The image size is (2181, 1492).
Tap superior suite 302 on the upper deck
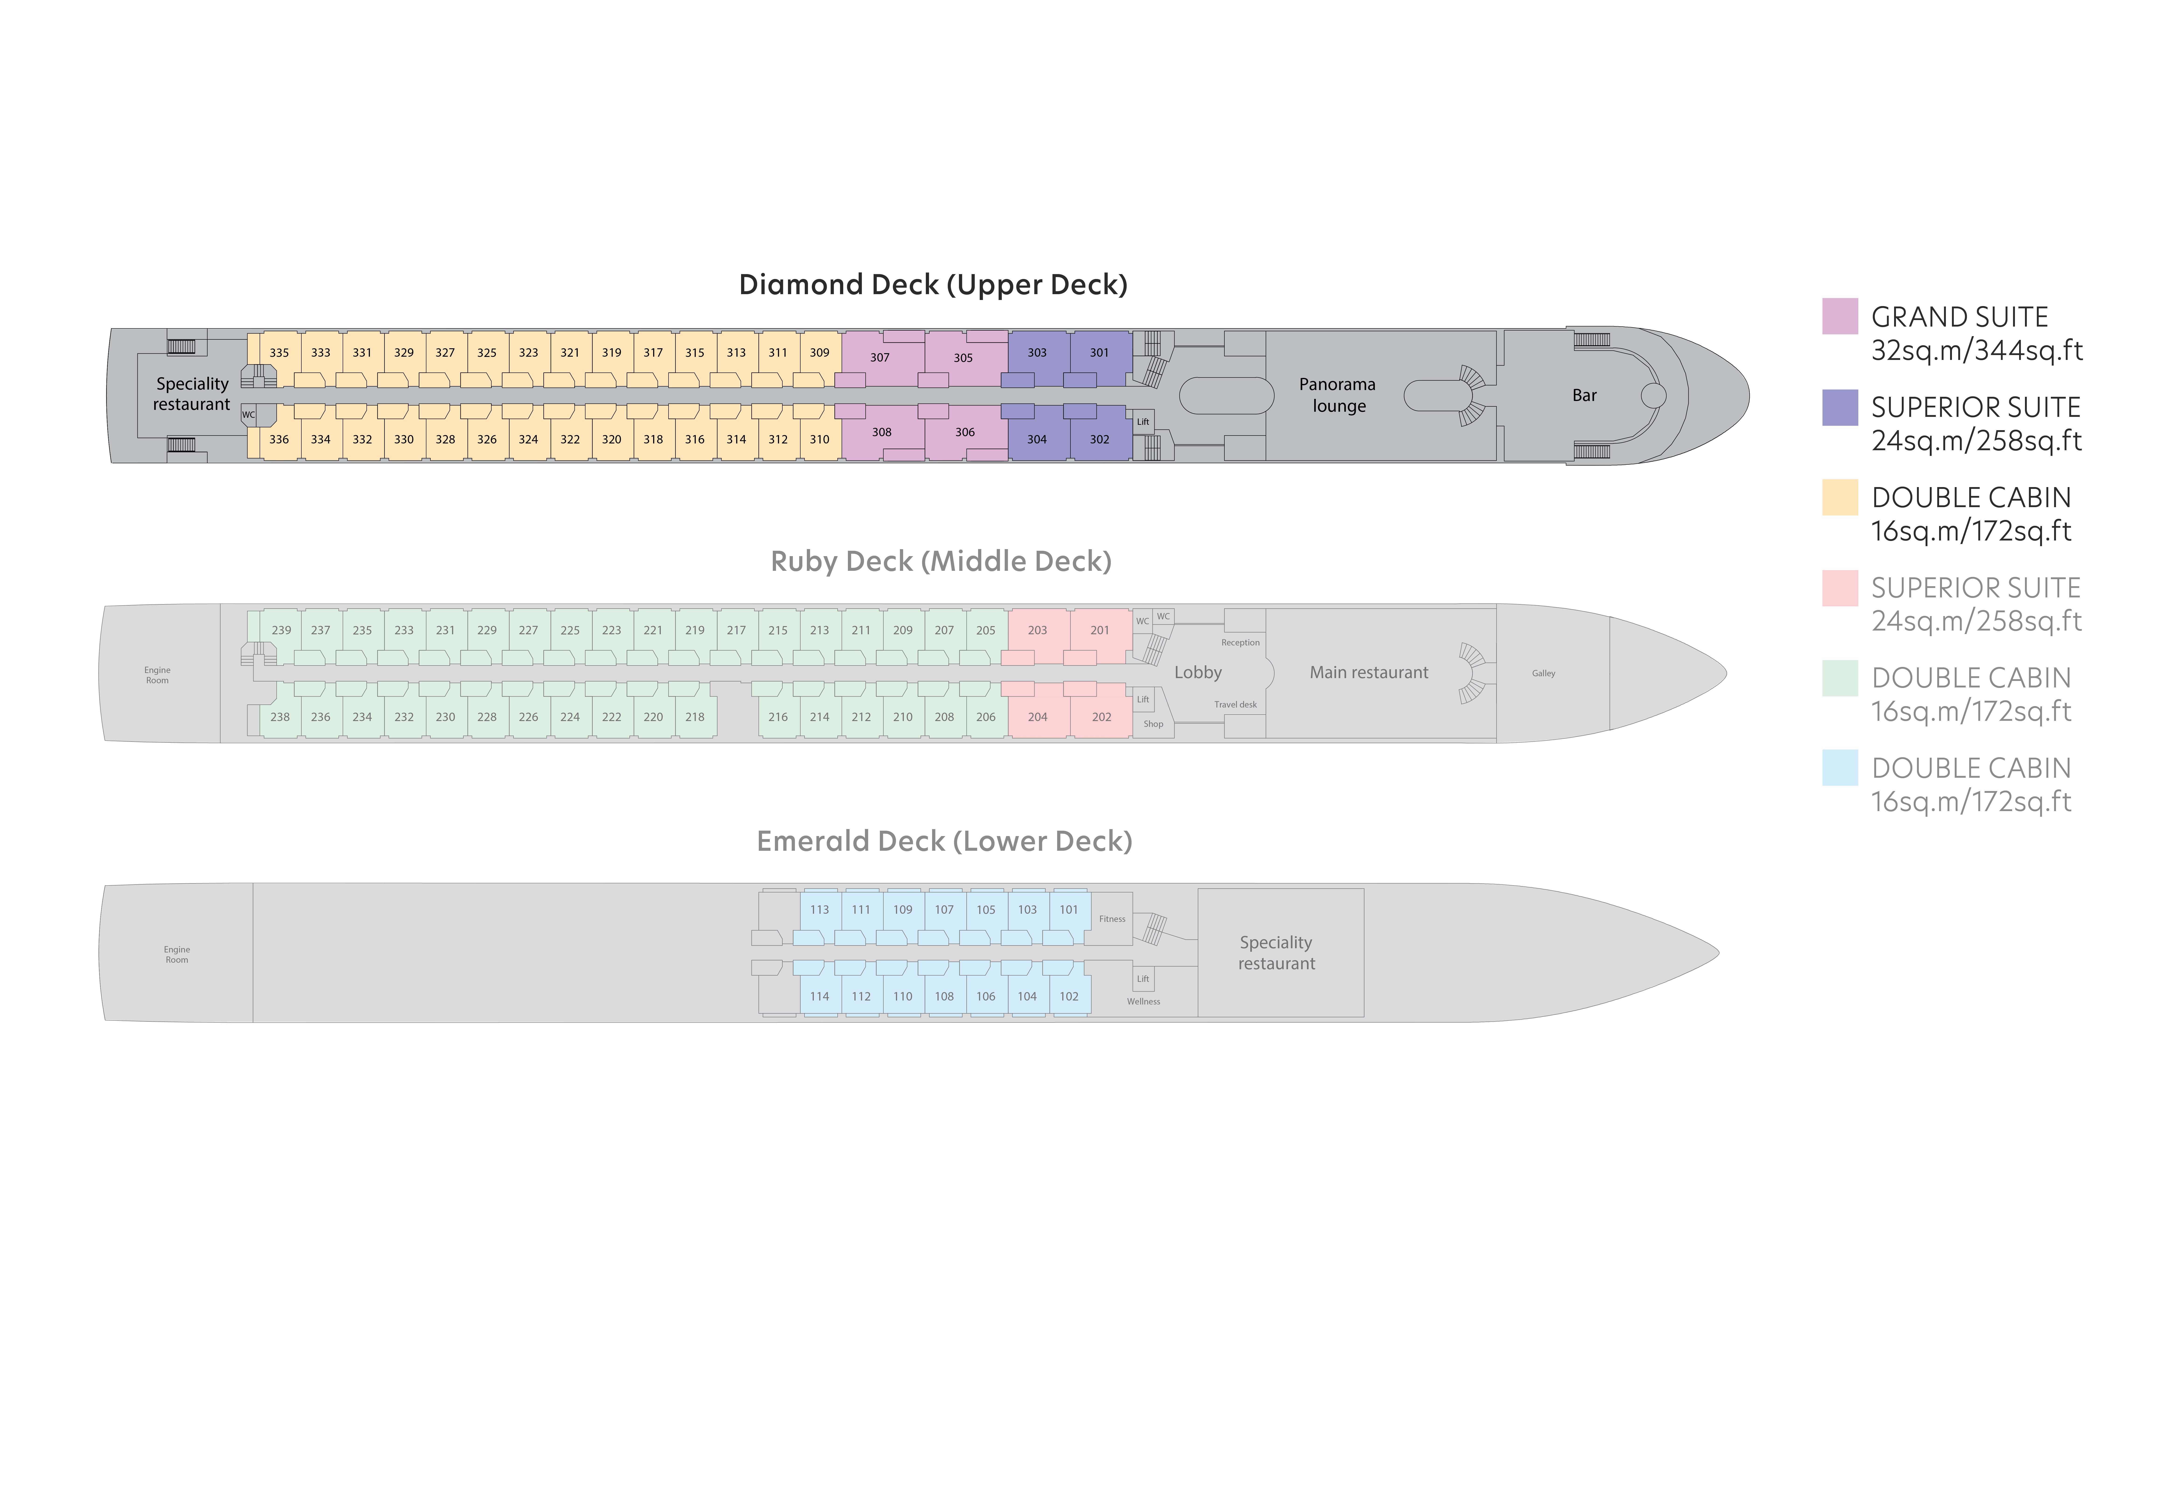pos(1100,439)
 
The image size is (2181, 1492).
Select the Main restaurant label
pos(1369,672)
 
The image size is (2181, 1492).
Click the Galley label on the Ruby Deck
pos(1544,673)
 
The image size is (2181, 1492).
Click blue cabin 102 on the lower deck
pos(1069,997)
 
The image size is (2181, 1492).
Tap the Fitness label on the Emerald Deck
pos(1112,919)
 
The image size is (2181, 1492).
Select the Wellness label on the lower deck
pos(1143,1001)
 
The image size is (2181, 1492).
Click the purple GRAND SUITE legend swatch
pos(1840,316)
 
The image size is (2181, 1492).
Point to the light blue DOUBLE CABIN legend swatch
pos(1840,768)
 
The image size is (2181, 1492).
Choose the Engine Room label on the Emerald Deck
pos(176,954)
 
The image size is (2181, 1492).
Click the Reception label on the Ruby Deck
pos(1240,643)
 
